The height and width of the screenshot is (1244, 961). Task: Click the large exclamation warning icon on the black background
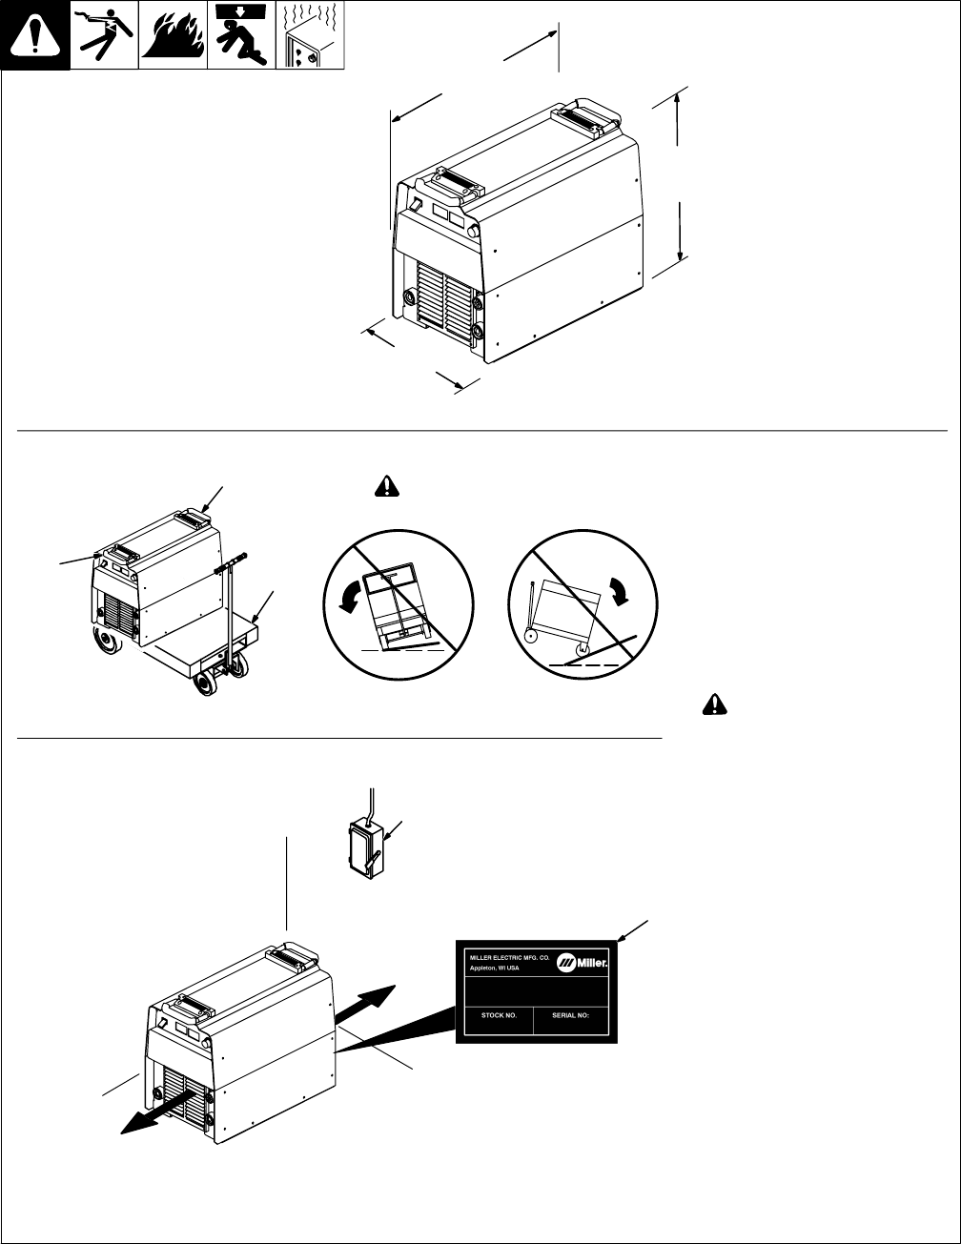click(x=35, y=36)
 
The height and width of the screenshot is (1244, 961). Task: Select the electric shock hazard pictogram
click(x=104, y=36)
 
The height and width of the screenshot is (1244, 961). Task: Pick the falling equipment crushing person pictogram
click(x=240, y=36)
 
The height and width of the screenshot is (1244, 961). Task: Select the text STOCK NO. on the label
click(x=492, y=1016)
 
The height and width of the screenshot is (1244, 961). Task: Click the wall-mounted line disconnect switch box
click(x=364, y=844)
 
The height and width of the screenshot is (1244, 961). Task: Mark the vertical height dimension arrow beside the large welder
click(x=678, y=175)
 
